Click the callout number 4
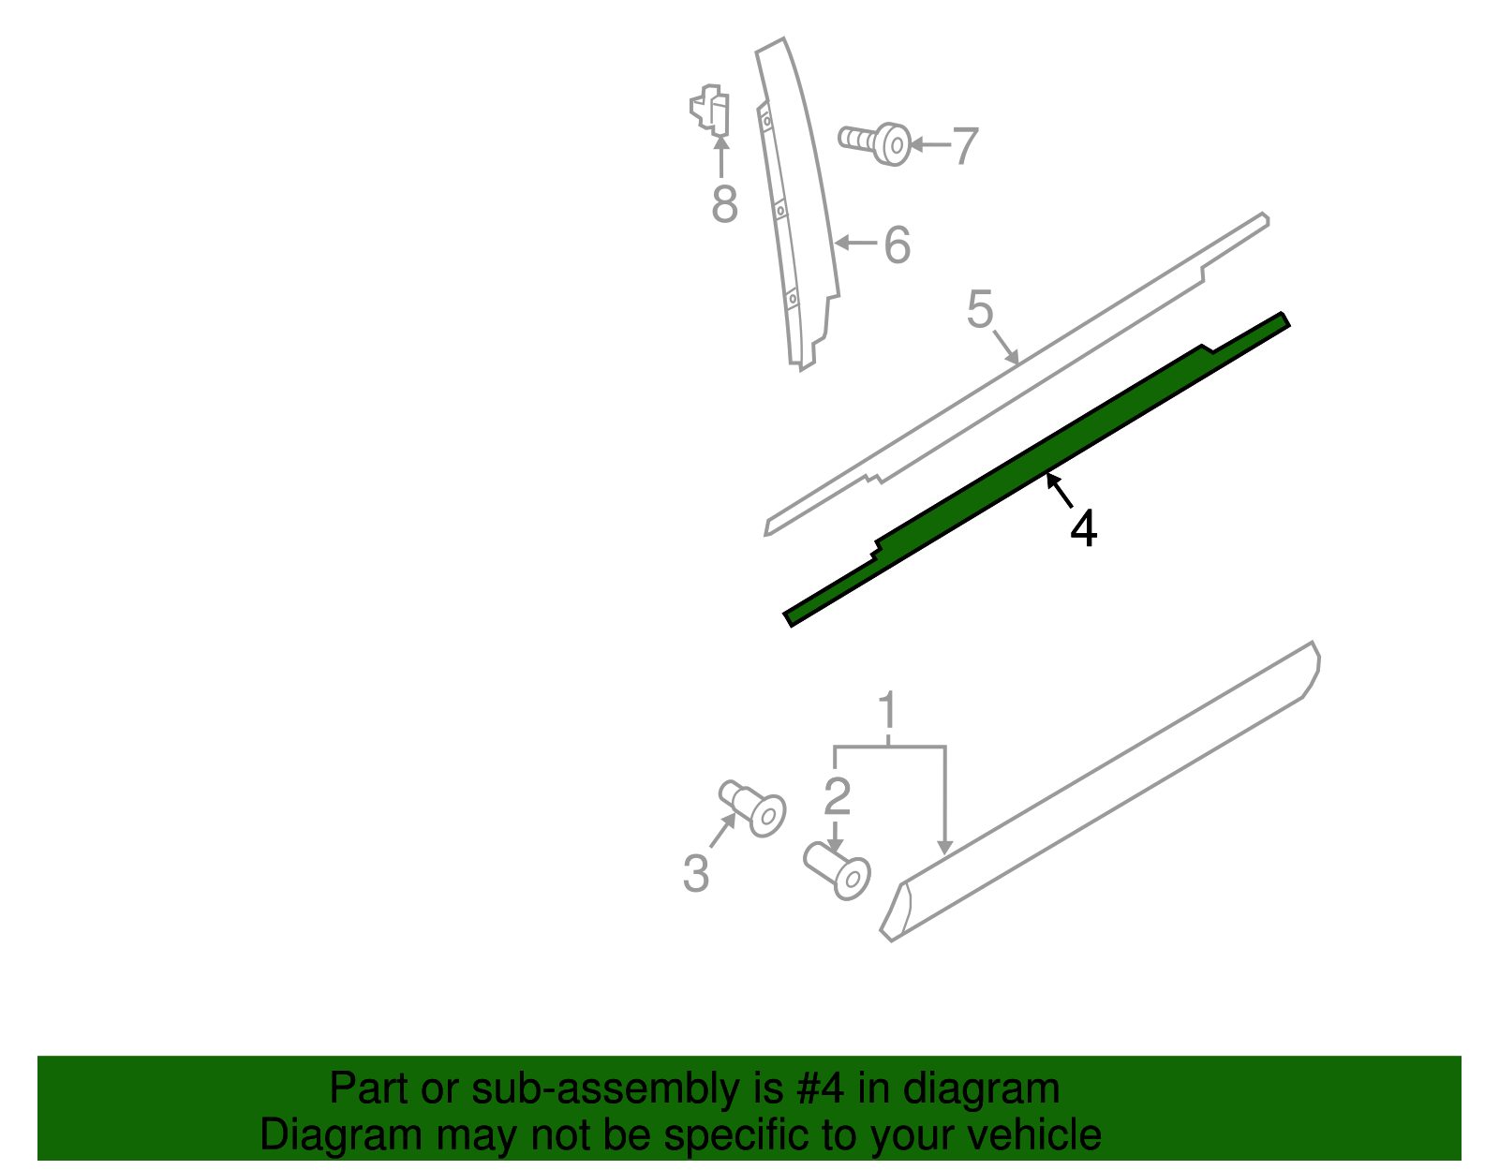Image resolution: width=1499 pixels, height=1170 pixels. (1083, 529)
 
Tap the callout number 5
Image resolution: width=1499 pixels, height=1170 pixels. (979, 310)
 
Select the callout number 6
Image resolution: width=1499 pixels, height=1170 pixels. (897, 245)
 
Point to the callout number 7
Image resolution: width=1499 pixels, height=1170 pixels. (965, 147)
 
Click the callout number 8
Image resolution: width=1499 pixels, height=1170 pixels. (724, 204)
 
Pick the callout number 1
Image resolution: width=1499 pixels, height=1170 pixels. (887, 712)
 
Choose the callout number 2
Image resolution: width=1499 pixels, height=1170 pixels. (837, 796)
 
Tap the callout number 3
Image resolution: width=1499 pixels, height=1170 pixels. (695, 874)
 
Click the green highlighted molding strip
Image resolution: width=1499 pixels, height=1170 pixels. (1031, 468)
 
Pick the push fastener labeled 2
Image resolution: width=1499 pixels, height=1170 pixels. (838, 869)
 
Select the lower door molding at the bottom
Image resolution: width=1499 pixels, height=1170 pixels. (1106, 787)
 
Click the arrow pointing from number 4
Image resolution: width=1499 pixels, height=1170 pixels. (1059, 490)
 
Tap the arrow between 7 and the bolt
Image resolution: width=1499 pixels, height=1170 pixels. (928, 144)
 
